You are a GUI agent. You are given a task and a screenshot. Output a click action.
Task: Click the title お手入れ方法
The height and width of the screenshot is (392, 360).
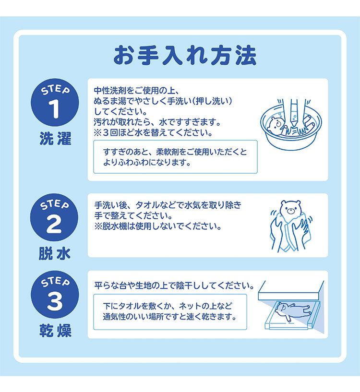click(x=185, y=55)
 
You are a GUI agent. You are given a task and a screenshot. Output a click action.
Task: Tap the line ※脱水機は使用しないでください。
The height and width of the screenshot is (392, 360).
click(x=158, y=226)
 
